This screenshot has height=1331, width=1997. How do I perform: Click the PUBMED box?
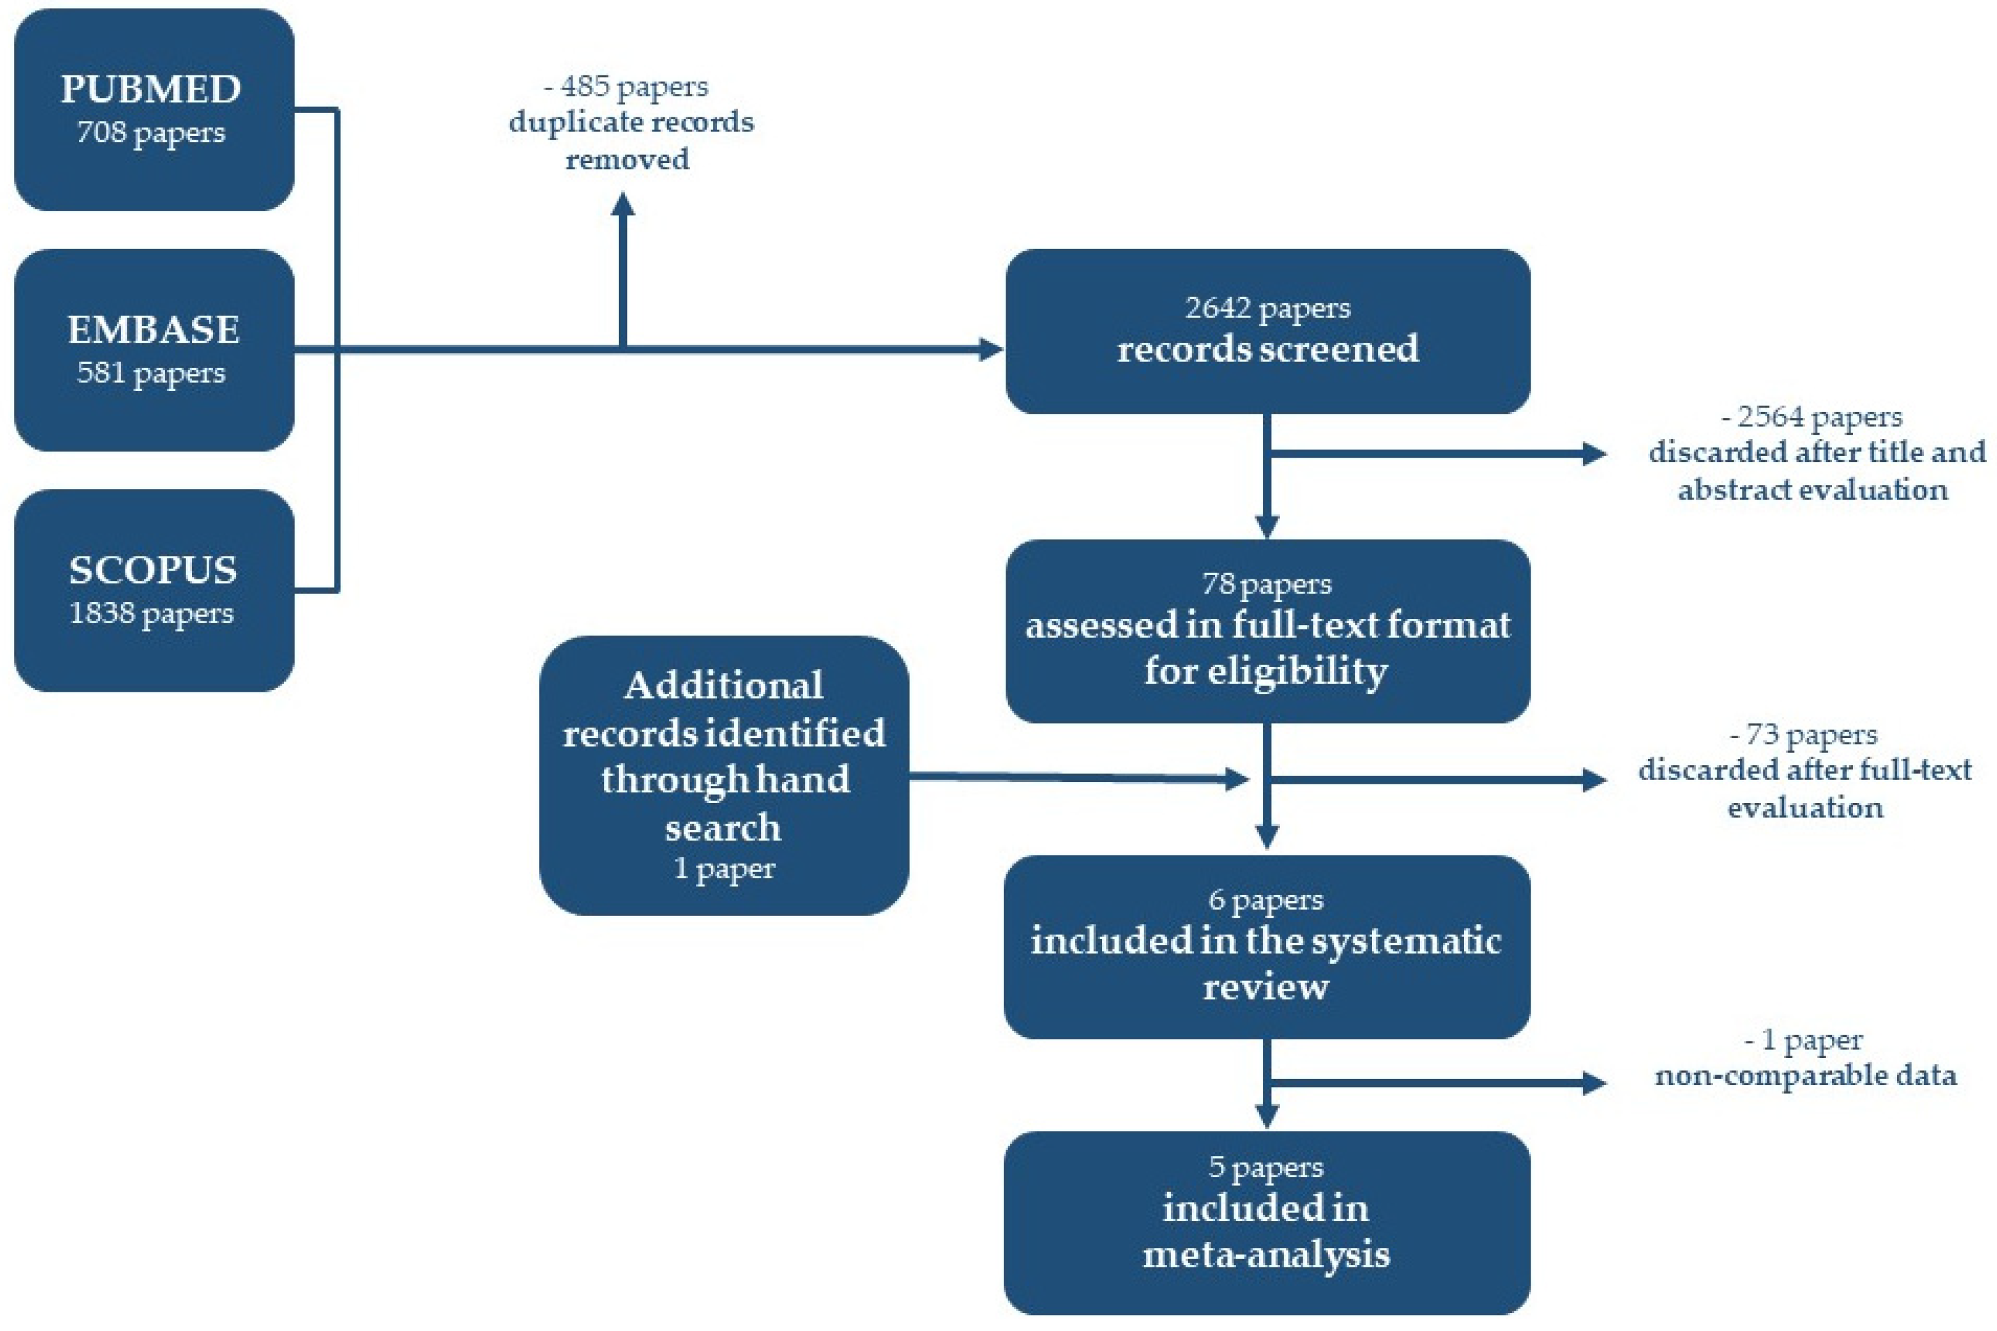(154, 111)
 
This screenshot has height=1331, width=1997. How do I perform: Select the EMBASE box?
(154, 350)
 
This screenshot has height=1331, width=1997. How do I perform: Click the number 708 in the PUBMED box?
(101, 132)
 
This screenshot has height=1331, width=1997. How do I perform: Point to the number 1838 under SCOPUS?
(101, 613)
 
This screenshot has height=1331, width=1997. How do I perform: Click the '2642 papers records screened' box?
(1266, 331)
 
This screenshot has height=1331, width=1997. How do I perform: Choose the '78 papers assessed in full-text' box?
(1266, 630)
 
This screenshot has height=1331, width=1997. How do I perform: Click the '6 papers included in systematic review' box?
(1266, 946)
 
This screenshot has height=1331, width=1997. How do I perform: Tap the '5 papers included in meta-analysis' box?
(1266, 1222)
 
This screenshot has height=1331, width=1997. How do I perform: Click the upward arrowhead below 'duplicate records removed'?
(623, 206)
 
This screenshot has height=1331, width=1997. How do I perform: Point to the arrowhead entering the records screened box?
(990, 349)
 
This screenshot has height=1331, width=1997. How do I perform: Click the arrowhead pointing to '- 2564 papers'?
(1593, 453)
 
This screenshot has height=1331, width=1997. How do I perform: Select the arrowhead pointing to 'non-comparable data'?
(1593, 1082)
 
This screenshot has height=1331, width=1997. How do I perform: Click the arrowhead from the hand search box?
(1237, 778)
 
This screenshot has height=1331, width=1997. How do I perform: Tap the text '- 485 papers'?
(626, 86)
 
